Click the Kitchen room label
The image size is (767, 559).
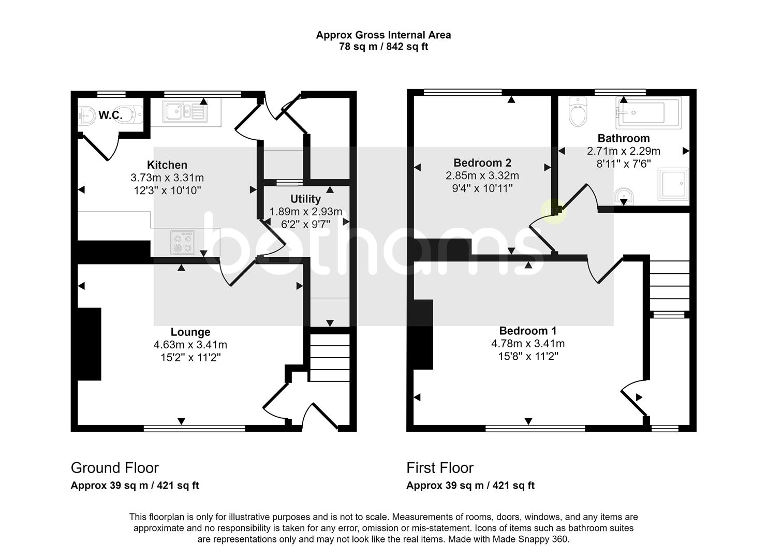tap(167, 165)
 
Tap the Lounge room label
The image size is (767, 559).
tap(190, 332)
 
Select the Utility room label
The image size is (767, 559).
tap(305, 199)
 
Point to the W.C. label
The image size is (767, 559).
tap(110, 115)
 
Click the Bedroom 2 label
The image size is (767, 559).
tap(482, 163)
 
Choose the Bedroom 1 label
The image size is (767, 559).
tap(528, 331)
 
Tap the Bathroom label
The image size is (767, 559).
tap(624, 138)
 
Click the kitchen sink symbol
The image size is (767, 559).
tap(185, 112)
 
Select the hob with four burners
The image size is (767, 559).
tap(183, 242)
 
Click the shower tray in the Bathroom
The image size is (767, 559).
tap(673, 184)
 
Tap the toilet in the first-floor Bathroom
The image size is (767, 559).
tap(578, 112)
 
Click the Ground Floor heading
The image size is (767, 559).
tap(115, 468)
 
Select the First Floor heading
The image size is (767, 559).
tap(440, 468)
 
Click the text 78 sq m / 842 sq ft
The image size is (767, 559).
tap(384, 46)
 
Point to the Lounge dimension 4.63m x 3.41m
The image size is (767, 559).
tap(190, 345)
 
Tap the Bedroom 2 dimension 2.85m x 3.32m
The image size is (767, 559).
tap(482, 175)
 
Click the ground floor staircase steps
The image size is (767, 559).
tap(329, 358)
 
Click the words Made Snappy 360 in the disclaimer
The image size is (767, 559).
tap(530, 539)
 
